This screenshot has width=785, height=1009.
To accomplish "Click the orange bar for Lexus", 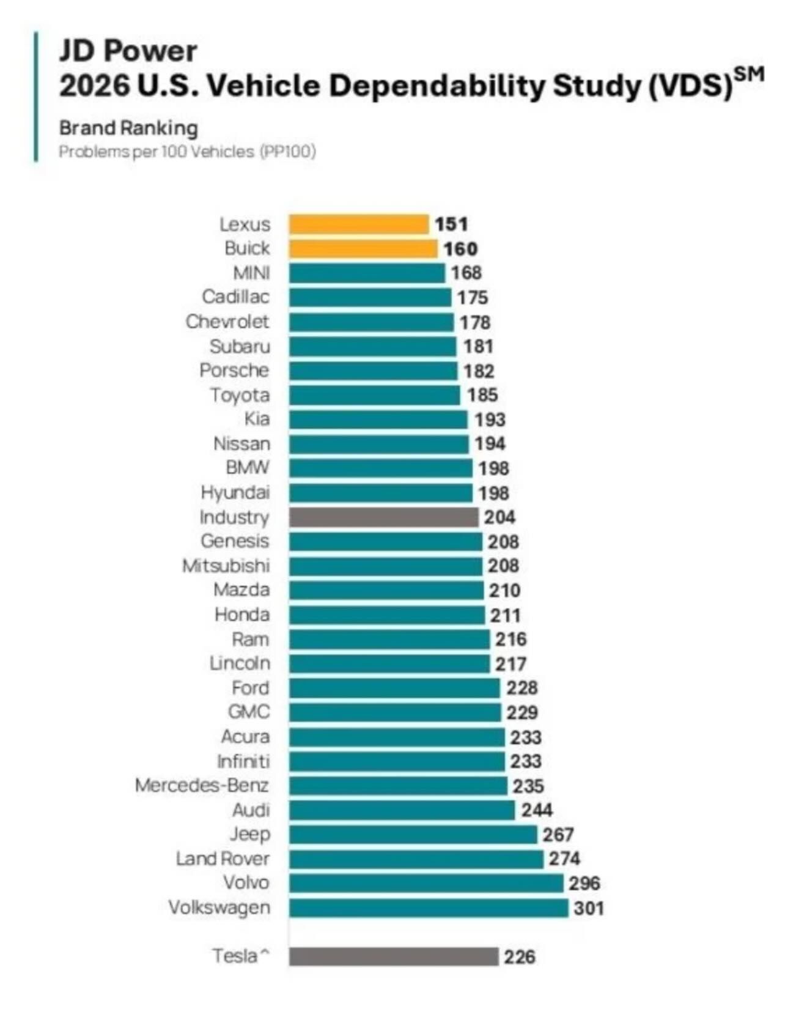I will tap(358, 224).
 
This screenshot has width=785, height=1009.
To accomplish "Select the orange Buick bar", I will tap(363, 249).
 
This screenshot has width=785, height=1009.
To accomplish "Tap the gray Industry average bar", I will tap(383, 517).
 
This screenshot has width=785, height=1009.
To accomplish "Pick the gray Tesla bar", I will tap(394, 956).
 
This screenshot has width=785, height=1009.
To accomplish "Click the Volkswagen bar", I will tap(429, 908).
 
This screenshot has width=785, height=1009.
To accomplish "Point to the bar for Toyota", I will tap(374, 395).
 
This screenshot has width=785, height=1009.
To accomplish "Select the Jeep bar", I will tap(413, 835).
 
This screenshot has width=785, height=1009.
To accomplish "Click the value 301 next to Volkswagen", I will tap(589, 908).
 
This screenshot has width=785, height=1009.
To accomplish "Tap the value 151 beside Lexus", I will tap(451, 224).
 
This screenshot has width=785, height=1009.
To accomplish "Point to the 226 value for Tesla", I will tap(520, 956).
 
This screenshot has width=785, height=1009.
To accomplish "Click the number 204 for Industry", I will tap(499, 517).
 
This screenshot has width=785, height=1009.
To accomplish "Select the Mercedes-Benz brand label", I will tap(202, 786).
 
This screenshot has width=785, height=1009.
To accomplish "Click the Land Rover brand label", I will tap(223, 859).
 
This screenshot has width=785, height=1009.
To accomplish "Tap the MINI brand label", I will tap(251, 273).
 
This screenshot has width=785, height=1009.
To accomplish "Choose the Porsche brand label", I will tap(234, 371).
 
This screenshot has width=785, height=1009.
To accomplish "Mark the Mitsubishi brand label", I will tap(226, 566).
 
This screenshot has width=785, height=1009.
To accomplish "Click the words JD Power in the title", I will tap(128, 51).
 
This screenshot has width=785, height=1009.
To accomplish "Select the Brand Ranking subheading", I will tap(128, 128).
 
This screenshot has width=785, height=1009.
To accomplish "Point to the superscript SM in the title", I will tap(748, 74).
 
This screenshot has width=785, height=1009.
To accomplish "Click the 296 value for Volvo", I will tap(584, 884).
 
